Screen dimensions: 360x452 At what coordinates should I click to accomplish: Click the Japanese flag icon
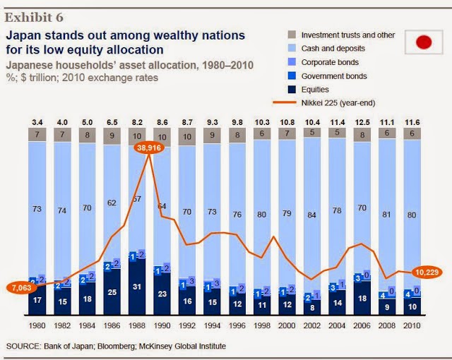point(422,43)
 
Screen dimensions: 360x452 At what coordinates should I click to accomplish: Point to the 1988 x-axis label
point(138,325)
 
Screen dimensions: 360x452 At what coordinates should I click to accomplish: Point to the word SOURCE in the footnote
point(23,346)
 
